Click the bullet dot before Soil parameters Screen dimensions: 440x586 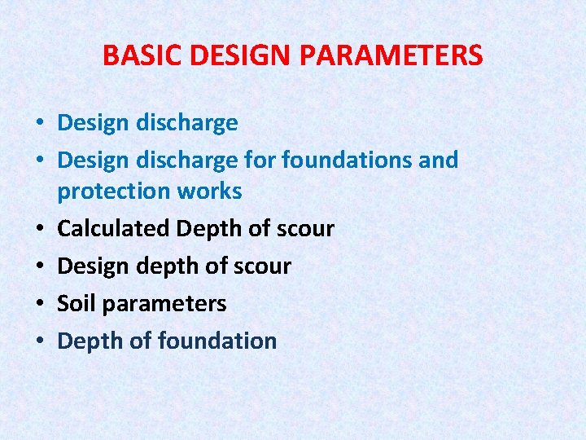(39, 304)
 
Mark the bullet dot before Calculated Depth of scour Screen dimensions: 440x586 (39, 229)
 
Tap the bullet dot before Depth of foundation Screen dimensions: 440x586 (39, 341)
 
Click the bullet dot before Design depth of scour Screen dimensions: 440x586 (39, 266)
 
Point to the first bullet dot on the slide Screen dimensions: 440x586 (39, 123)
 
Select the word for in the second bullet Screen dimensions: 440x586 (261, 160)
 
